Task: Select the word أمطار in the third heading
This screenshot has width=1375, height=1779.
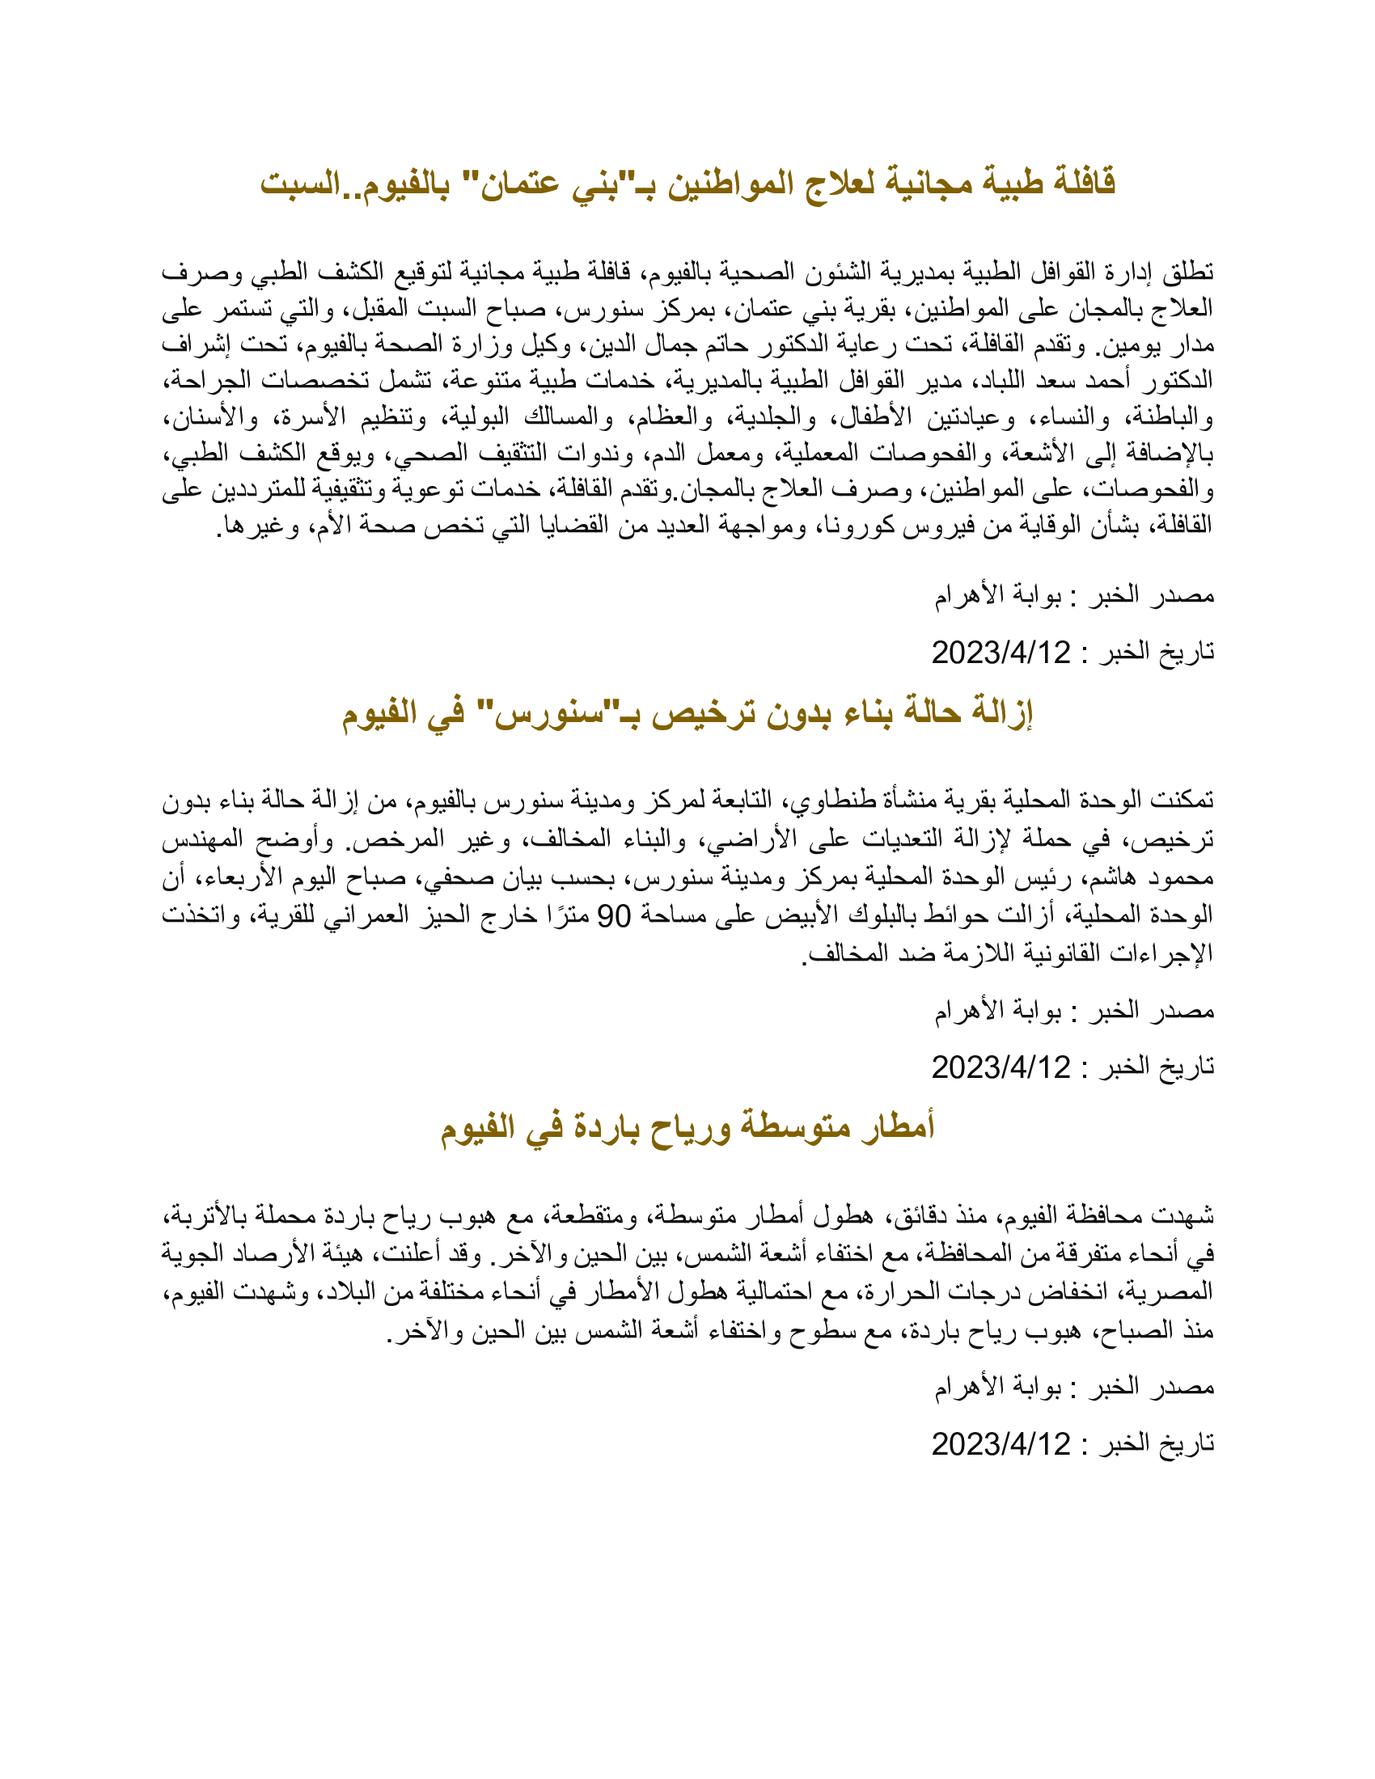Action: click(x=898, y=1127)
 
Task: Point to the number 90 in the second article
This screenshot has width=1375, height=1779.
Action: click(x=614, y=916)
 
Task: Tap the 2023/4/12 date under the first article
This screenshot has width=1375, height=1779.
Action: click(x=1001, y=653)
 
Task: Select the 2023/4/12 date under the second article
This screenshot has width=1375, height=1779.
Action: click(x=1001, y=1068)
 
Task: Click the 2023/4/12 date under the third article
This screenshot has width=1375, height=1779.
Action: click(x=1001, y=1444)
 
